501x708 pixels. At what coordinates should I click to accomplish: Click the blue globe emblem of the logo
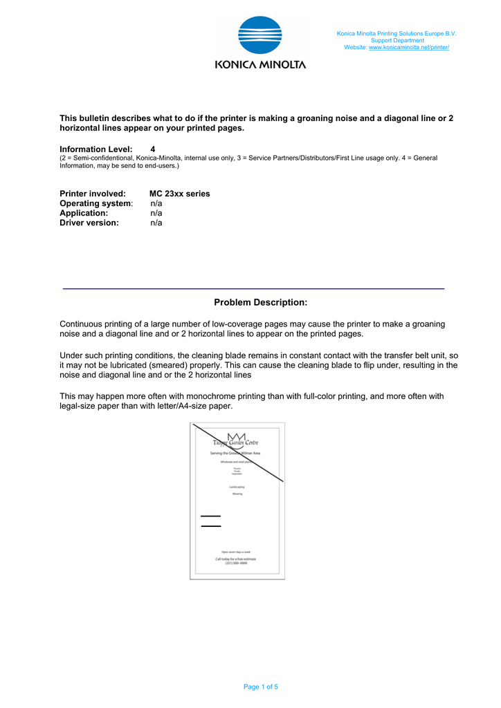tap(259, 35)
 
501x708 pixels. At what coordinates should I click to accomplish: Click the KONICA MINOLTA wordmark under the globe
tap(260, 64)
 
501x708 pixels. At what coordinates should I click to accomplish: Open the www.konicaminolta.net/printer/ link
tap(409, 47)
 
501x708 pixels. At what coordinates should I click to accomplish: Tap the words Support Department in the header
tap(397, 40)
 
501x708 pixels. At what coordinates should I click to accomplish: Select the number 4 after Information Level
tap(153, 149)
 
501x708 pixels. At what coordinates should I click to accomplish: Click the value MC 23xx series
tap(179, 194)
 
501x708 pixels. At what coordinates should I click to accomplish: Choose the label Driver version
tap(89, 223)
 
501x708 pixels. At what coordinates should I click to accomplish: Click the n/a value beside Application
tap(156, 213)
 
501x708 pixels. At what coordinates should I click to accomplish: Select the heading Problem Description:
tap(260, 302)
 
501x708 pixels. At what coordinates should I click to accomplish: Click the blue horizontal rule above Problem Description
tap(253, 288)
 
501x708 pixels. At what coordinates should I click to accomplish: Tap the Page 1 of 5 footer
tap(260, 687)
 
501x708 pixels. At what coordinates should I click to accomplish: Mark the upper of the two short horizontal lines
tap(210, 516)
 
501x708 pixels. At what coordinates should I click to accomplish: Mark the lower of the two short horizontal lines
tap(210, 526)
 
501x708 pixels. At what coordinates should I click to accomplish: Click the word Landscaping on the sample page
tap(237, 487)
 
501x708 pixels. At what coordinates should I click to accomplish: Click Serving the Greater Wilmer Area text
tap(235, 453)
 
